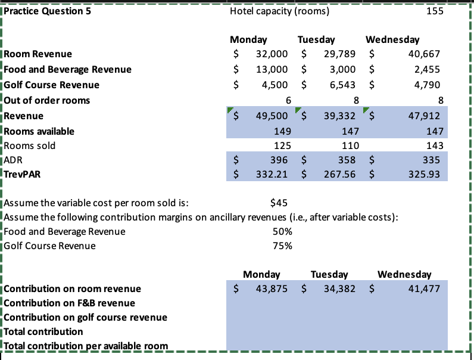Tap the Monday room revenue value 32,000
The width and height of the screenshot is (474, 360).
(x=272, y=54)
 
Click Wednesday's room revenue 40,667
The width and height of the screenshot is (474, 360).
(x=426, y=54)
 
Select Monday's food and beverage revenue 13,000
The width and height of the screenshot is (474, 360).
(x=272, y=69)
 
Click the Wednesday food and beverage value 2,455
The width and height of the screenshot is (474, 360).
(x=428, y=69)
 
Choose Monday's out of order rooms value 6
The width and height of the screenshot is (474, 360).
(x=288, y=100)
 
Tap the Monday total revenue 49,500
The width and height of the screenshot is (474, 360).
(x=272, y=115)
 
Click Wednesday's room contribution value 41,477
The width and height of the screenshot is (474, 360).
(x=426, y=289)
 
